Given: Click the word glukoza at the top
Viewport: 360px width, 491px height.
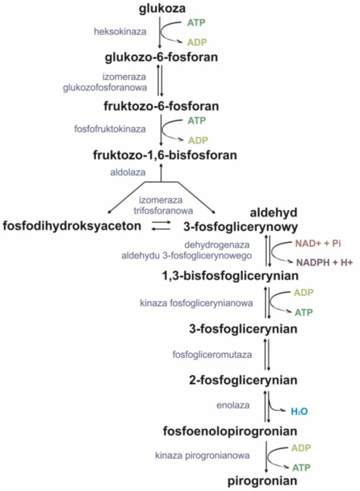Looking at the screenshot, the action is coord(162,8).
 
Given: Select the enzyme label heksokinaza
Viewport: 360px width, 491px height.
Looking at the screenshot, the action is coord(120,31).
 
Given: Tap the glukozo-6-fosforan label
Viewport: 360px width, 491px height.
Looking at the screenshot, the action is coord(162,57).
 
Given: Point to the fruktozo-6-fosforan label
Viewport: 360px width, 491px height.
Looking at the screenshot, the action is coord(162,106).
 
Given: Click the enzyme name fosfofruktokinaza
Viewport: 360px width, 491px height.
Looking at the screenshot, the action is coord(110,129).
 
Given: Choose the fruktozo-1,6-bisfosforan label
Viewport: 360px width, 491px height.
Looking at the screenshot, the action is coord(165,155).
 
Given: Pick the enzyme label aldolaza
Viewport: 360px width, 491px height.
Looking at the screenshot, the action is coord(127,172).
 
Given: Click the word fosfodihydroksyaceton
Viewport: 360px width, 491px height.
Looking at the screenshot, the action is coord(72,226).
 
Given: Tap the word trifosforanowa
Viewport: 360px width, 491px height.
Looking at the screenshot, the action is coord(163,210).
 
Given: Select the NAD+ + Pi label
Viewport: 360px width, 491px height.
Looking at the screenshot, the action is coord(318,243).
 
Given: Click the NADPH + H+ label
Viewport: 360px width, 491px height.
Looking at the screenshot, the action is coord(324,263).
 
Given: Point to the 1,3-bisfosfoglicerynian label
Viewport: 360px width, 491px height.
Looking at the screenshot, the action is coord(230,276).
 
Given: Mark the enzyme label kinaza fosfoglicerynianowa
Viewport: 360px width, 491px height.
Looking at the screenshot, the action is coord(196,303).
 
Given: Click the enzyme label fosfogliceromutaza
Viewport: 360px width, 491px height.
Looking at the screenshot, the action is coord(212,354).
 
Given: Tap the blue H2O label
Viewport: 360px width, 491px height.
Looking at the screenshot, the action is coord(299,411).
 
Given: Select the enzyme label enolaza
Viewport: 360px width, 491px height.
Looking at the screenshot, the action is coord(233,405).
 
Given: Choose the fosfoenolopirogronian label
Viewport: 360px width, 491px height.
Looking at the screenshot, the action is coord(230,431).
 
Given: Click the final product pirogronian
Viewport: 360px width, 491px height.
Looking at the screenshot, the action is coord(263,481).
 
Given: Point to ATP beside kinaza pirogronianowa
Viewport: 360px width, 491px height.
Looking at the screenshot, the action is coord(301,467).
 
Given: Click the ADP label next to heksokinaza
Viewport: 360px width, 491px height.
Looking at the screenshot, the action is coord(197,42).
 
